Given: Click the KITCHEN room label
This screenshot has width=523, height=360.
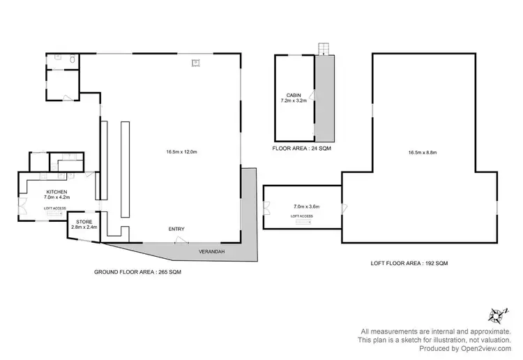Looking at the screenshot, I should pos(56,191).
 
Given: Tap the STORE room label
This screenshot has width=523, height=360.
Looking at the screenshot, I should pos(84,222).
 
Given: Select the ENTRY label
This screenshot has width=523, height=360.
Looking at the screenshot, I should pos(176,230).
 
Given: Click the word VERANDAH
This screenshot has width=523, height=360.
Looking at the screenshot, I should pos(211,251).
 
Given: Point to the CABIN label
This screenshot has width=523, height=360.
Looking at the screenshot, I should pos(294,95).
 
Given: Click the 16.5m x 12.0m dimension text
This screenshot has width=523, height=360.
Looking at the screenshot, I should pos(181,151).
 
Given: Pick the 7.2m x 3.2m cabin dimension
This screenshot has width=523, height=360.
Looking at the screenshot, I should pos(294,101).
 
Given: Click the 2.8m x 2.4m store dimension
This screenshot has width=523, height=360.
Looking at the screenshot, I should pos(84,227).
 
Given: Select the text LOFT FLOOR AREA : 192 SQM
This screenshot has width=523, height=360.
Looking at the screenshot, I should pos(409,263).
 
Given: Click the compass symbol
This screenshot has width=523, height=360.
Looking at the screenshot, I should pos(497,314).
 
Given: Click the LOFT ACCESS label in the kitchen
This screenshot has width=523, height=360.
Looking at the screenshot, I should pos(55,209).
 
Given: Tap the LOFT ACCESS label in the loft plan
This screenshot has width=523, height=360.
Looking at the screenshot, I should pos(301,216).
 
